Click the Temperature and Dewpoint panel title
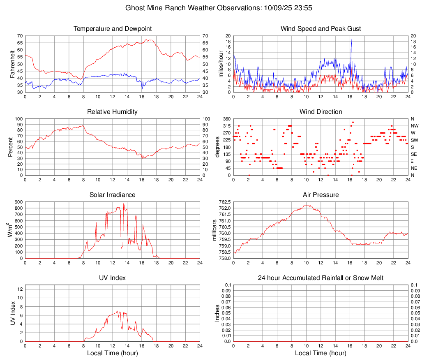click(113, 29)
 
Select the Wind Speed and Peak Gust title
click(321, 29)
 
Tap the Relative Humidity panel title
click(113, 112)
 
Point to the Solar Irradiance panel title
click(113, 195)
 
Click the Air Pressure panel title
click(321, 195)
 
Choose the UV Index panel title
click(113, 278)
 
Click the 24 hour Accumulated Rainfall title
click(321, 278)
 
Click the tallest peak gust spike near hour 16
click(351, 39)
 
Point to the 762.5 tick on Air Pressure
click(224, 202)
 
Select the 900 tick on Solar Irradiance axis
click(18, 202)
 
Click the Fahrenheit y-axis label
click(12, 64)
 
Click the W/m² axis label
click(9, 230)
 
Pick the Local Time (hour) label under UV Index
click(113, 353)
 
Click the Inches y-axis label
click(217, 313)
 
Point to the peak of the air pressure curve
click(306, 206)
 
